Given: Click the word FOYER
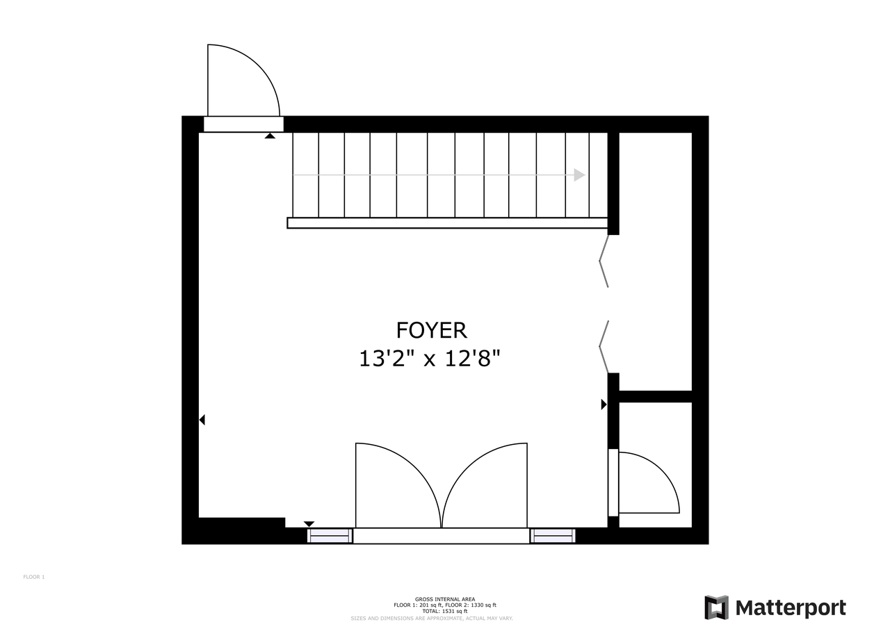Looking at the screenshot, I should tap(431, 329).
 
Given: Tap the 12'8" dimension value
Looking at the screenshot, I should tap(472, 359).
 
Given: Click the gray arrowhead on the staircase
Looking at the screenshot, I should tap(579, 175).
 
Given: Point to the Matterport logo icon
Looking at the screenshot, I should tap(716, 607).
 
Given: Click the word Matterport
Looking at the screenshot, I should tap(791, 608).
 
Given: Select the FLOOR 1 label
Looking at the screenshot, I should tap(34, 577).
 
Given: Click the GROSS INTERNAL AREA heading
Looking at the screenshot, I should tap(445, 599).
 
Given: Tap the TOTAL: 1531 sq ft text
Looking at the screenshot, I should tap(445, 611).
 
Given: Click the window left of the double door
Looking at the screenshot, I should tap(330, 536).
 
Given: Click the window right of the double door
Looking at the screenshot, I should tap(553, 536).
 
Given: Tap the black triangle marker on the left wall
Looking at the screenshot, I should tap(202, 420).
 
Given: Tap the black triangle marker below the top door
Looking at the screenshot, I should tap(270, 136).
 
